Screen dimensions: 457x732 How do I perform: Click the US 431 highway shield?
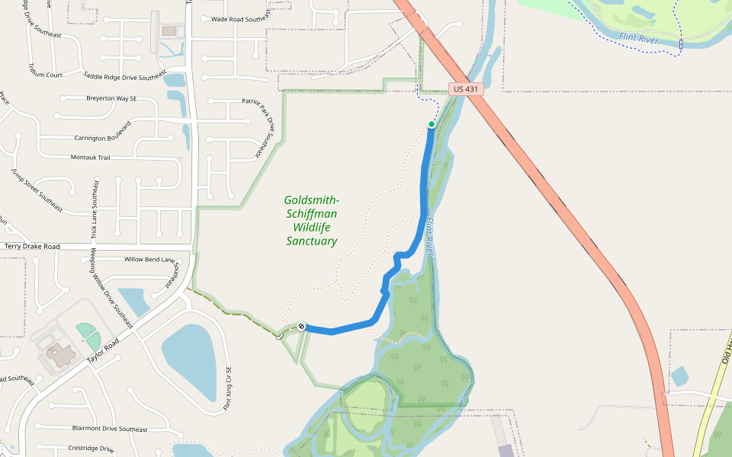465,89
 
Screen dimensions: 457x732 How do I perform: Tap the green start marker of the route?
432,124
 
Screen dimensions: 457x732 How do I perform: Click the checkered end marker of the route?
302,326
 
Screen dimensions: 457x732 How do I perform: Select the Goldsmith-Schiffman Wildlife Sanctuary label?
311,220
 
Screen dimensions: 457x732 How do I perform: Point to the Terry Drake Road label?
32,247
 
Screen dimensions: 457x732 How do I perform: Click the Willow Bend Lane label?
150,259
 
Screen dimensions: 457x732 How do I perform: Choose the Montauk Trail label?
91,157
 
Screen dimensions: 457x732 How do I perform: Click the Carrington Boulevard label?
102,130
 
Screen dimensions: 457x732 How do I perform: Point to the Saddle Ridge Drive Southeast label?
124,75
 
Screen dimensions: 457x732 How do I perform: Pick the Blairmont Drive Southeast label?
109,429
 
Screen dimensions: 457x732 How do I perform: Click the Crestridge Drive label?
91,449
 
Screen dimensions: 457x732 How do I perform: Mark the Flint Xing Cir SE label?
226,389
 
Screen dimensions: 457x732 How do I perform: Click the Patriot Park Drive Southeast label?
257,126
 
